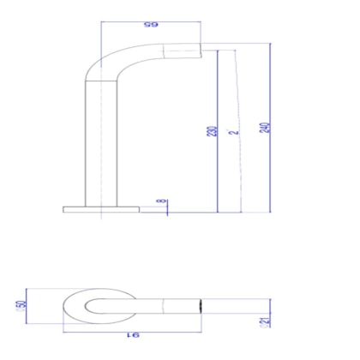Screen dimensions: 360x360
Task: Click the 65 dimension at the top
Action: pos(152,27)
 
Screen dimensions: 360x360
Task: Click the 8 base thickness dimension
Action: pos(159,203)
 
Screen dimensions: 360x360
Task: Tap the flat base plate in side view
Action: pos(100,209)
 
